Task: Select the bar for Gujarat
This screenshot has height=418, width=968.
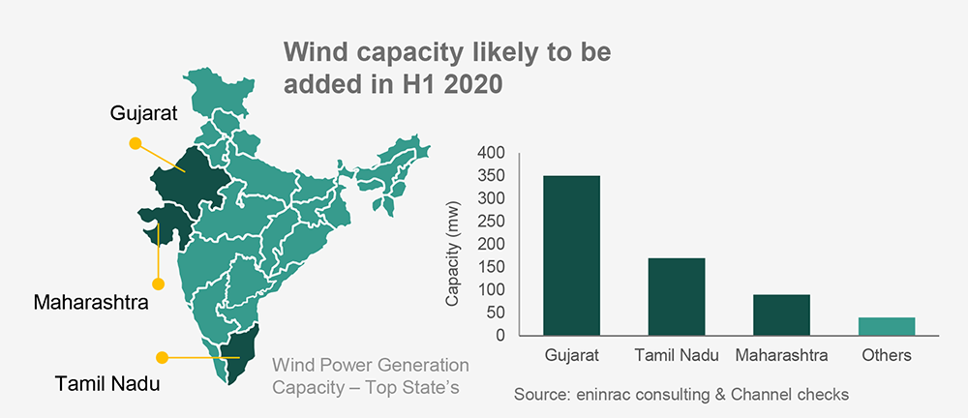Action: (571, 255)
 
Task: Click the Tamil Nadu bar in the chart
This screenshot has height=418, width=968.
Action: (677, 296)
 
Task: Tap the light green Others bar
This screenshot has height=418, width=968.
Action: (887, 326)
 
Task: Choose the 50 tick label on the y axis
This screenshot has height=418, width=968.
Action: (497, 313)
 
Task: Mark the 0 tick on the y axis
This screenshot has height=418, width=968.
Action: (500, 336)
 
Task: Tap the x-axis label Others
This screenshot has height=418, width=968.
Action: (887, 356)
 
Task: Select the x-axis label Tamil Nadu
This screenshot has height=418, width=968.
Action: (677, 356)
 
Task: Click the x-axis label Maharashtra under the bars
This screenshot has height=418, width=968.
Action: (781, 356)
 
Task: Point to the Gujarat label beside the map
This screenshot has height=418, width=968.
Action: (144, 114)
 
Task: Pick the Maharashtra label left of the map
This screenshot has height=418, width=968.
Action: (90, 303)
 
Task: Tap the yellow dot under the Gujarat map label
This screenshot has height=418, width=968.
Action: (135, 143)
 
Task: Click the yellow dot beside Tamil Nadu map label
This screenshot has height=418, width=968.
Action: (163, 358)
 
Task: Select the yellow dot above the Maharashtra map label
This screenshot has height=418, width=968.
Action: (158, 284)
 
